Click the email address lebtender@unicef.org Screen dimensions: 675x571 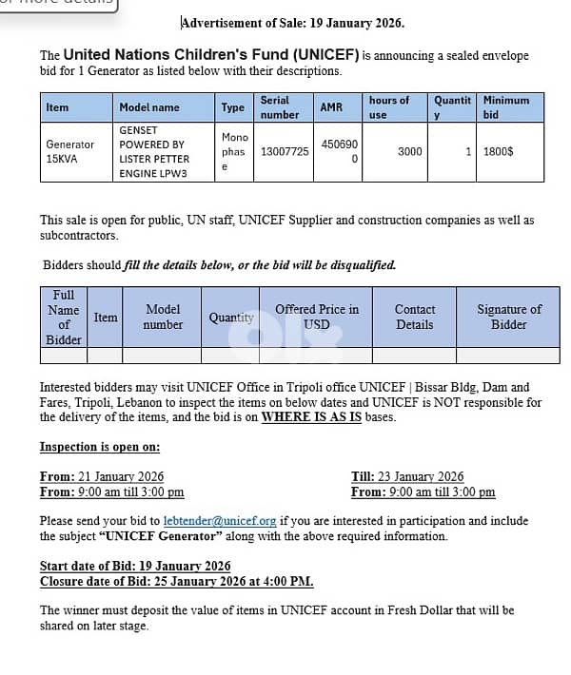pyautogui.click(x=220, y=521)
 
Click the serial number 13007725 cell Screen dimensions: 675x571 pyautogui.click(x=285, y=151)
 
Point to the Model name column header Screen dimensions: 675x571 pyautogui.click(x=148, y=107)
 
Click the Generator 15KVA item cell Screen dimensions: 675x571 pyautogui.click(x=70, y=151)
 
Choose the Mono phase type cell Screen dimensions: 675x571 pyautogui.click(x=233, y=151)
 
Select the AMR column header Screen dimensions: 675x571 pyautogui.click(x=331, y=107)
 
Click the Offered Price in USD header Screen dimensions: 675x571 pyautogui.click(x=317, y=317)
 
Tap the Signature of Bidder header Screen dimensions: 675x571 pyautogui.click(x=508, y=317)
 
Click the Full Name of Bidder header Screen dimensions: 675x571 pyautogui.click(x=64, y=318)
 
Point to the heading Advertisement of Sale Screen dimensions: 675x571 pyautogui.click(x=293, y=22)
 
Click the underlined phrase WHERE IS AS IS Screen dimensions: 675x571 pyautogui.click(x=311, y=416)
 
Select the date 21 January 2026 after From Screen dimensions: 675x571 pyautogui.click(x=121, y=476)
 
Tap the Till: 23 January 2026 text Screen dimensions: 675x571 pyautogui.click(x=407, y=476)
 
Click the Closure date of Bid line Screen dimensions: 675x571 pyautogui.click(x=176, y=581)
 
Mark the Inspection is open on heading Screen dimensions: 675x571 pyautogui.click(x=100, y=446)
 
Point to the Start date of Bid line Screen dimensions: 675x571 pyautogui.click(x=135, y=567)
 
